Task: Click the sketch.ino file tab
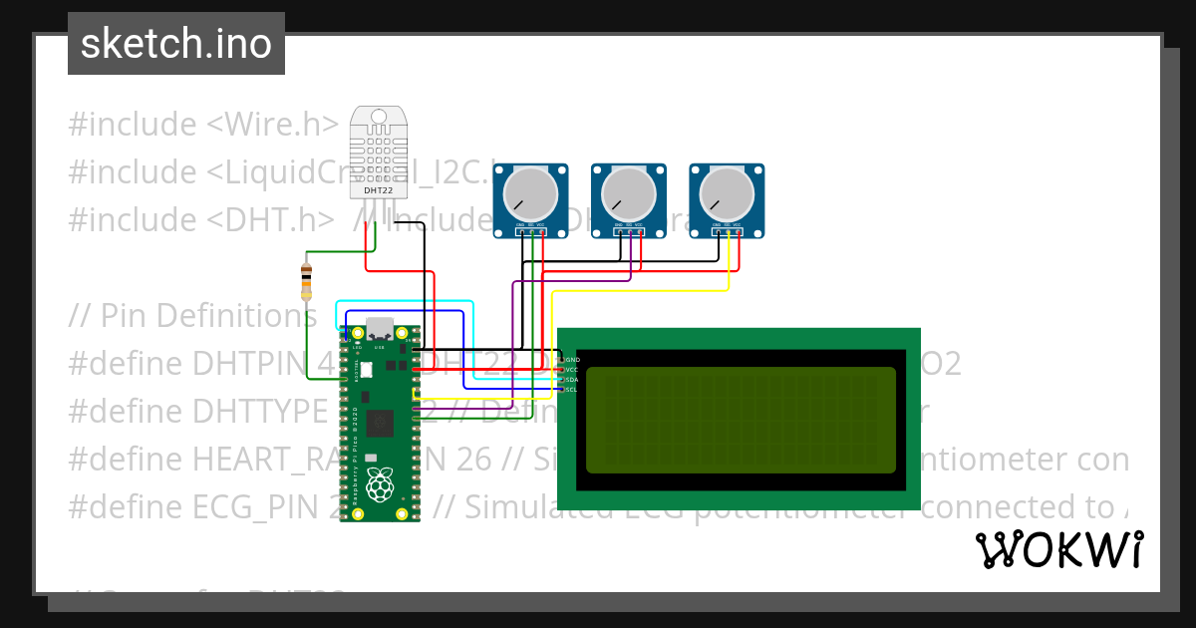[176, 44]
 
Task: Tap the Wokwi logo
[1058, 549]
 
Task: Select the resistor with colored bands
[306, 281]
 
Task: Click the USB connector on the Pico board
[380, 330]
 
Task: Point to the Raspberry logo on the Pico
[380, 487]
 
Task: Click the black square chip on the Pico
[380, 424]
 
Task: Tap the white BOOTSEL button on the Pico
[365, 370]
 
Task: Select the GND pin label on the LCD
[572, 359]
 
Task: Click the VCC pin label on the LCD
[572, 369]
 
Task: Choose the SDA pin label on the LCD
[572, 380]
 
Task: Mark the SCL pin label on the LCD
[572, 390]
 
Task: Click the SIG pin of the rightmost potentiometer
[728, 232]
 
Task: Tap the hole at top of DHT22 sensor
[378, 116]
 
